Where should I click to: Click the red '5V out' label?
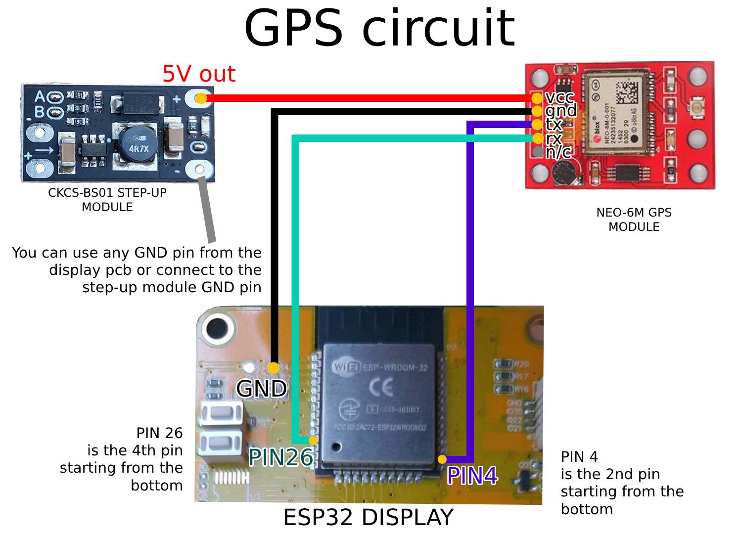pos(198,74)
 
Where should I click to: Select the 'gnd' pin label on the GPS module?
pos(560,110)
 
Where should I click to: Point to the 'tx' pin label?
pos(554,124)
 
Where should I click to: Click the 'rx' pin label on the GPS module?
pos(554,138)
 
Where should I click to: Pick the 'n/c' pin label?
pos(558,152)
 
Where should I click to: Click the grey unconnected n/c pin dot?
pos(538,151)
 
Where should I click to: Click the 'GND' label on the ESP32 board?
pos(261,389)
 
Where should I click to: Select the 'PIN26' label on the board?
pos(280,457)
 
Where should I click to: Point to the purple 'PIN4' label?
pos(472,476)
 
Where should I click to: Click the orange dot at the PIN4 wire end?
pos(442,459)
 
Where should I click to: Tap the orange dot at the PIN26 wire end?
pos(313,440)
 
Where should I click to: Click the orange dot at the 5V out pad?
pos(200,98)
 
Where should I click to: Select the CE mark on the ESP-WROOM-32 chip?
pos(380,388)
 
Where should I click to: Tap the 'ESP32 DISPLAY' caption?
pos(368,517)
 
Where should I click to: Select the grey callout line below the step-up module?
pos(207,210)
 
